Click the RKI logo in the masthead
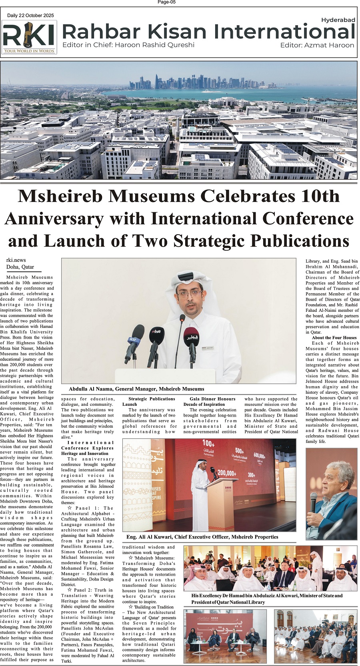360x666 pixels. (x=29, y=37)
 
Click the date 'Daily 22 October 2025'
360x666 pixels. (x=30, y=16)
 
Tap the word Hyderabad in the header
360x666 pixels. (x=338, y=20)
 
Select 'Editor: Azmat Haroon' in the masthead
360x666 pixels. (x=317, y=45)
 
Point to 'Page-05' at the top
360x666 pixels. (x=167, y=2)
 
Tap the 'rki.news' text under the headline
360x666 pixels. (x=16, y=260)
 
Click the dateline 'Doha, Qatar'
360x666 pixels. (x=20, y=267)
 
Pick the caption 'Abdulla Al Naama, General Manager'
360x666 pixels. (x=136, y=389)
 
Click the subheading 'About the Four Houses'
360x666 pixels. (x=334, y=338)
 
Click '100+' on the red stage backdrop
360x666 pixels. (x=208, y=443)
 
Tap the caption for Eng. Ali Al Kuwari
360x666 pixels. (x=202, y=537)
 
